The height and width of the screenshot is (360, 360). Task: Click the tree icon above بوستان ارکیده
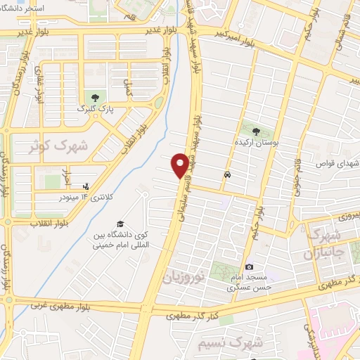(255, 131)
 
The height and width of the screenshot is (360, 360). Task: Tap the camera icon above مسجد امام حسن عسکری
(250, 267)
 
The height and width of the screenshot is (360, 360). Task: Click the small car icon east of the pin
(226, 174)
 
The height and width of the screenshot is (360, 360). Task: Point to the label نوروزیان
(184, 275)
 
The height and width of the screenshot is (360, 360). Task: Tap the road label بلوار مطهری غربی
(68, 307)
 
